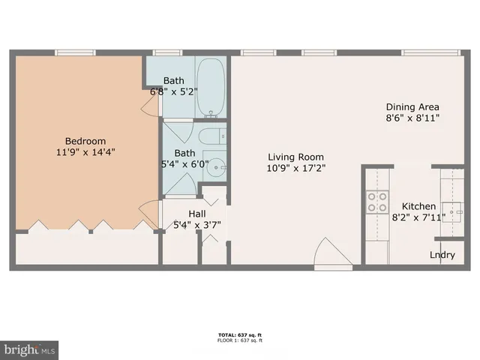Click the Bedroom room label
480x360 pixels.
85,141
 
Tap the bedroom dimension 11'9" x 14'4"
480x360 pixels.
85,151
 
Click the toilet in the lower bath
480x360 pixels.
211,136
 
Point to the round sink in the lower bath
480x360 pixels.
216,167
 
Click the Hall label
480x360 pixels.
186,213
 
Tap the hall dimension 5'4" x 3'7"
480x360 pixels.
196,223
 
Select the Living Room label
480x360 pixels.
296,157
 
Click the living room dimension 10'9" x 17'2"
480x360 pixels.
296,168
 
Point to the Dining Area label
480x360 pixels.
412,106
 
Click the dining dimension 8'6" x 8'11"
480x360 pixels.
412,118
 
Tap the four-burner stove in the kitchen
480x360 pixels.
376,201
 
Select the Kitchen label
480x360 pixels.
418,206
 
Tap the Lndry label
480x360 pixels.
442,255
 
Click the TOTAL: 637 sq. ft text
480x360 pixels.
240,334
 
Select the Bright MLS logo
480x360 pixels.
30,349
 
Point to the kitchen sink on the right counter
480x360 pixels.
452,208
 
